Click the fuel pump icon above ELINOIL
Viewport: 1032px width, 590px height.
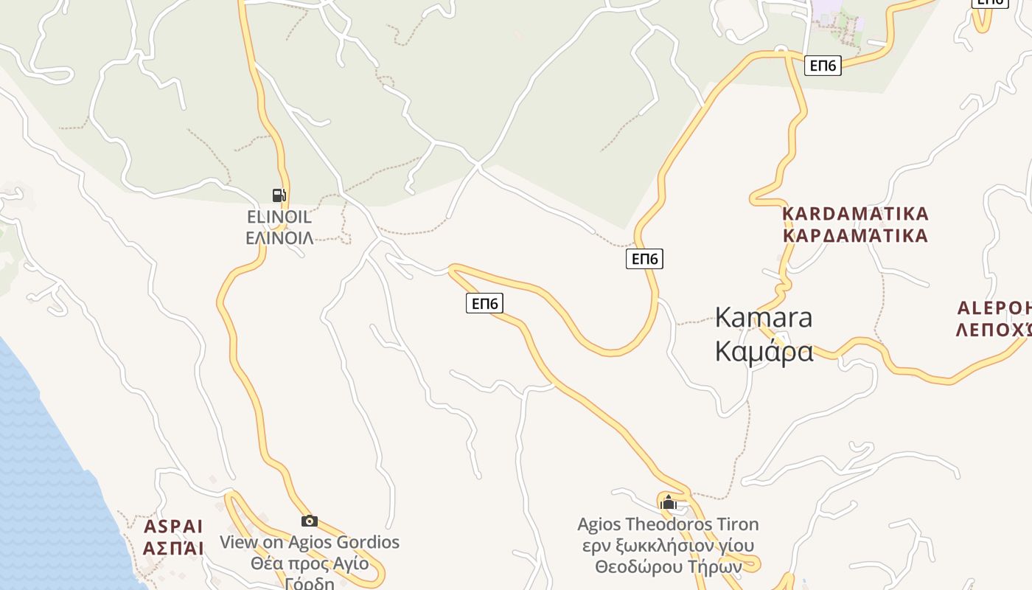[x=279, y=195]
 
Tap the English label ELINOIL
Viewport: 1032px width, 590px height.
[x=279, y=218]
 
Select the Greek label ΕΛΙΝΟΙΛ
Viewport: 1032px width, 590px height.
[x=279, y=237]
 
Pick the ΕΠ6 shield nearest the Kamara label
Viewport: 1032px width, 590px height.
[x=644, y=258]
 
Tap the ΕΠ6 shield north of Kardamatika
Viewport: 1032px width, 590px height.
[x=823, y=66]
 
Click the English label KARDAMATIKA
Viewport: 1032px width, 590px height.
[x=855, y=214]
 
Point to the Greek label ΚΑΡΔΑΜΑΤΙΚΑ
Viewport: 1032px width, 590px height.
[x=855, y=236]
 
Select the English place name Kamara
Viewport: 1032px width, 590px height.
[x=764, y=317]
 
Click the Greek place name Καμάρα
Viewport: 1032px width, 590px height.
[x=764, y=351]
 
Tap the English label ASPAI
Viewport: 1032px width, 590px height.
[x=173, y=527]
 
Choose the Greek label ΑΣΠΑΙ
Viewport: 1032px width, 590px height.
[x=173, y=548]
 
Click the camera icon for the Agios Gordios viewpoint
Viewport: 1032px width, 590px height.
[x=310, y=521]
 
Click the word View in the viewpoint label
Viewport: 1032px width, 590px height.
[x=239, y=542]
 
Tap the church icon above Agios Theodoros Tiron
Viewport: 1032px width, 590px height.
[x=669, y=503]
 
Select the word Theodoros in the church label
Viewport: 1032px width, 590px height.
[x=665, y=524]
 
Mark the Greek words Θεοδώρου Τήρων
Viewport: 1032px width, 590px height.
[x=668, y=567]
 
